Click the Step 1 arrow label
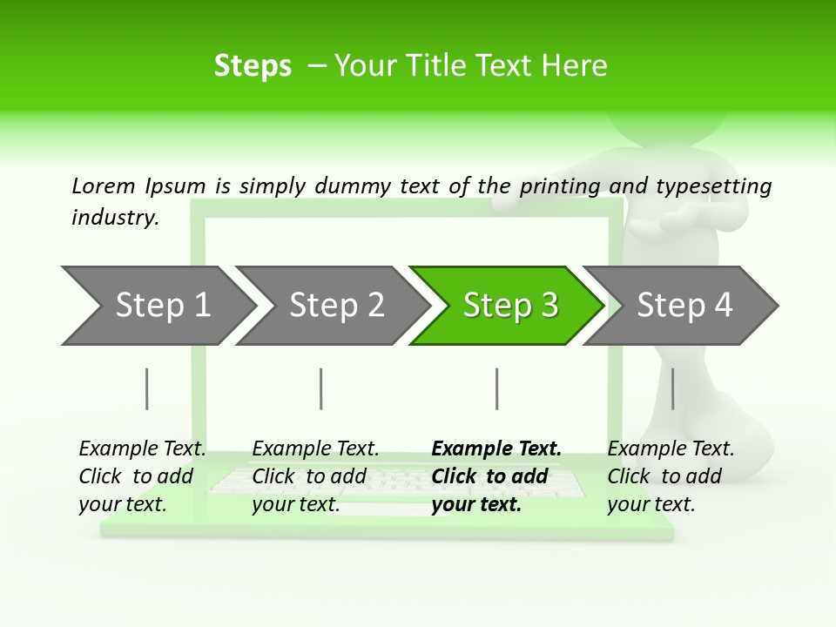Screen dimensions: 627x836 click(x=163, y=306)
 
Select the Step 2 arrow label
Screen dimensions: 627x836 click(x=336, y=306)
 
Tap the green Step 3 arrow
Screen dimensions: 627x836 click(x=509, y=306)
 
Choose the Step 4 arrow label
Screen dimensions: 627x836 click(x=684, y=306)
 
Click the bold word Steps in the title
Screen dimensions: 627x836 click(x=253, y=66)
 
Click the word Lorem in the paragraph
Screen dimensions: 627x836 click(x=104, y=185)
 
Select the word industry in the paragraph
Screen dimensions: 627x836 click(x=115, y=218)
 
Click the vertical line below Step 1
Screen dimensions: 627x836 click(x=147, y=388)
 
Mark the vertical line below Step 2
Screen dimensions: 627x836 click(x=321, y=388)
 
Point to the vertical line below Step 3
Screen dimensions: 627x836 click(x=496, y=388)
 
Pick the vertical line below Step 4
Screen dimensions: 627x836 click(x=672, y=388)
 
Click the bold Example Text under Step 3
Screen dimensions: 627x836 click(x=496, y=449)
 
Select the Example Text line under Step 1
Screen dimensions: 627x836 click(x=142, y=449)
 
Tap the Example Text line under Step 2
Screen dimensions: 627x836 click(x=315, y=449)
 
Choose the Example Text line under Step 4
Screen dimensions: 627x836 click(x=671, y=449)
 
